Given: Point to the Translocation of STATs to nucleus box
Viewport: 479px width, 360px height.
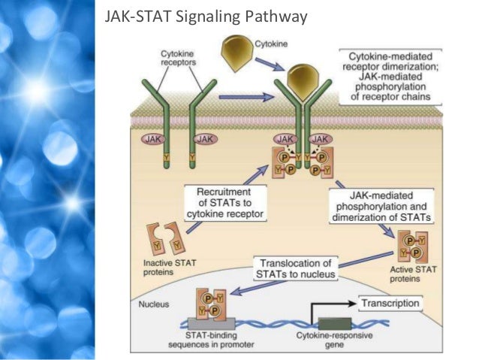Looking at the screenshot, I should coord(295,268).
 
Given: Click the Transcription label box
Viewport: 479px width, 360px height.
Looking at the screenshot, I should coord(390,304).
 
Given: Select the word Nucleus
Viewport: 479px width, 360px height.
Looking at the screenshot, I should coord(151,306).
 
